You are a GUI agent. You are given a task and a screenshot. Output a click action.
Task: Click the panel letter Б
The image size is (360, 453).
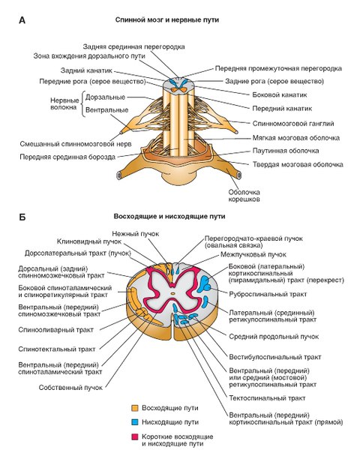22,217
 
